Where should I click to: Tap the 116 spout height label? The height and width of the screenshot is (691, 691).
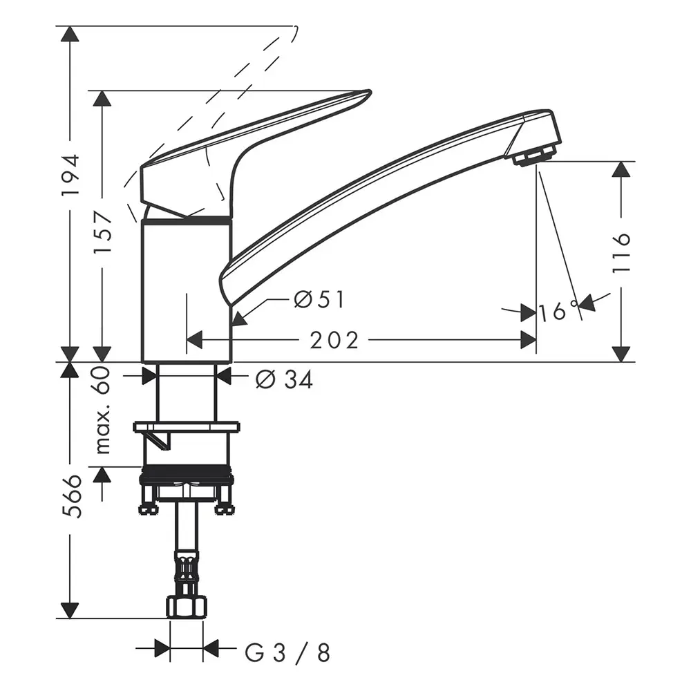tap(622, 252)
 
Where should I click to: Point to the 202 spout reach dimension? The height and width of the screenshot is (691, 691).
tap(334, 340)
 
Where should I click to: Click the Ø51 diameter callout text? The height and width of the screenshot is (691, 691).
tap(319, 300)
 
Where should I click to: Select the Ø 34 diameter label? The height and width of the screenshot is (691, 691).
tap(284, 379)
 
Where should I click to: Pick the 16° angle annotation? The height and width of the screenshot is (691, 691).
tap(558, 312)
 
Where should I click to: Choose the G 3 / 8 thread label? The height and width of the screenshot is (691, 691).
tap(287, 651)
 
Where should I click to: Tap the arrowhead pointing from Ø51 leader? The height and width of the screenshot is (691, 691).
tap(238, 319)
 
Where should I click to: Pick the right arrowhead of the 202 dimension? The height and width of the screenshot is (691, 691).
tap(529, 340)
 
